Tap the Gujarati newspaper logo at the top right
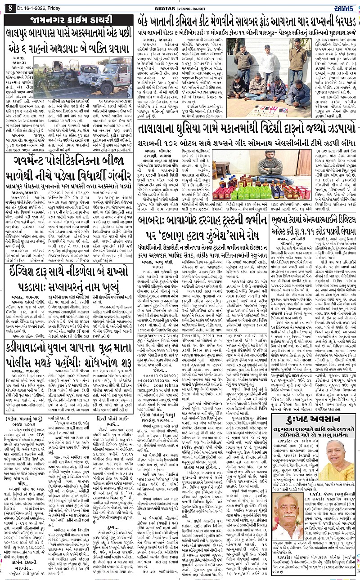tap(346, 6)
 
